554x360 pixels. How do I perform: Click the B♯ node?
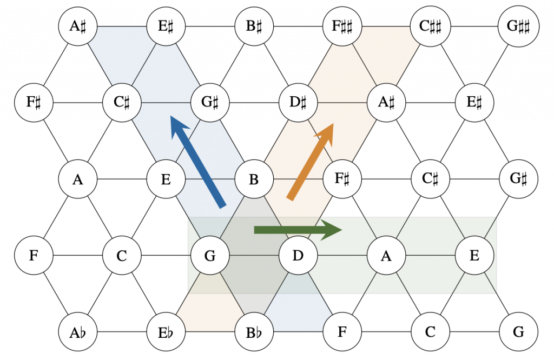click(x=254, y=25)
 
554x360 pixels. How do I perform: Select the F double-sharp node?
click(x=341, y=25)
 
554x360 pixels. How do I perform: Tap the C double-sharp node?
click(x=430, y=25)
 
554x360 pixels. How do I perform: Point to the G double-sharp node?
click(x=518, y=25)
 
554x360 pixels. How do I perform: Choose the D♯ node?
click(x=298, y=102)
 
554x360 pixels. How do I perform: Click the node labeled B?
click(x=254, y=178)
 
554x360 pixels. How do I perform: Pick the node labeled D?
click(x=298, y=255)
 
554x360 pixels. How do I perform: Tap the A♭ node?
click(x=77, y=331)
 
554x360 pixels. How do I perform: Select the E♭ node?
click(x=166, y=331)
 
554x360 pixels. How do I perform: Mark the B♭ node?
click(x=254, y=331)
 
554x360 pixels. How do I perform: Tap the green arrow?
click(x=292, y=230)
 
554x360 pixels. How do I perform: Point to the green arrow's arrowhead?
click(x=332, y=230)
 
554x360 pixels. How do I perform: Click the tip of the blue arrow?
click(x=172, y=116)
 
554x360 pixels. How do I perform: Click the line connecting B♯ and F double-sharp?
click(x=298, y=25)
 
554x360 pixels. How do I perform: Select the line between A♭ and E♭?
click(x=122, y=331)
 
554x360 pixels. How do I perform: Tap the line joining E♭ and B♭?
click(x=210, y=331)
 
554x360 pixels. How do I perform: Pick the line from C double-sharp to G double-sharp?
click(x=474, y=25)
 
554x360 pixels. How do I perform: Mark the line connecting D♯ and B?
click(x=276, y=140)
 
